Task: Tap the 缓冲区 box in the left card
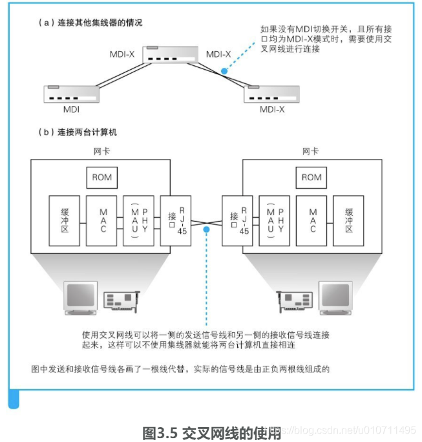click(x=65, y=220)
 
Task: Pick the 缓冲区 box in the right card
click(x=350, y=220)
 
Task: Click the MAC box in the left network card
click(x=103, y=220)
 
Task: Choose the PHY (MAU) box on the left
click(x=139, y=220)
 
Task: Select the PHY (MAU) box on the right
click(x=275, y=220)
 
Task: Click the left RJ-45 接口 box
click(x=175, y=220)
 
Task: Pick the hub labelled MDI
click(x=71, y=94)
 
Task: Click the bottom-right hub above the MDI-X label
click(x=272, y=94)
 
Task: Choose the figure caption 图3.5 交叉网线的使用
click(x=211, y=432)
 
